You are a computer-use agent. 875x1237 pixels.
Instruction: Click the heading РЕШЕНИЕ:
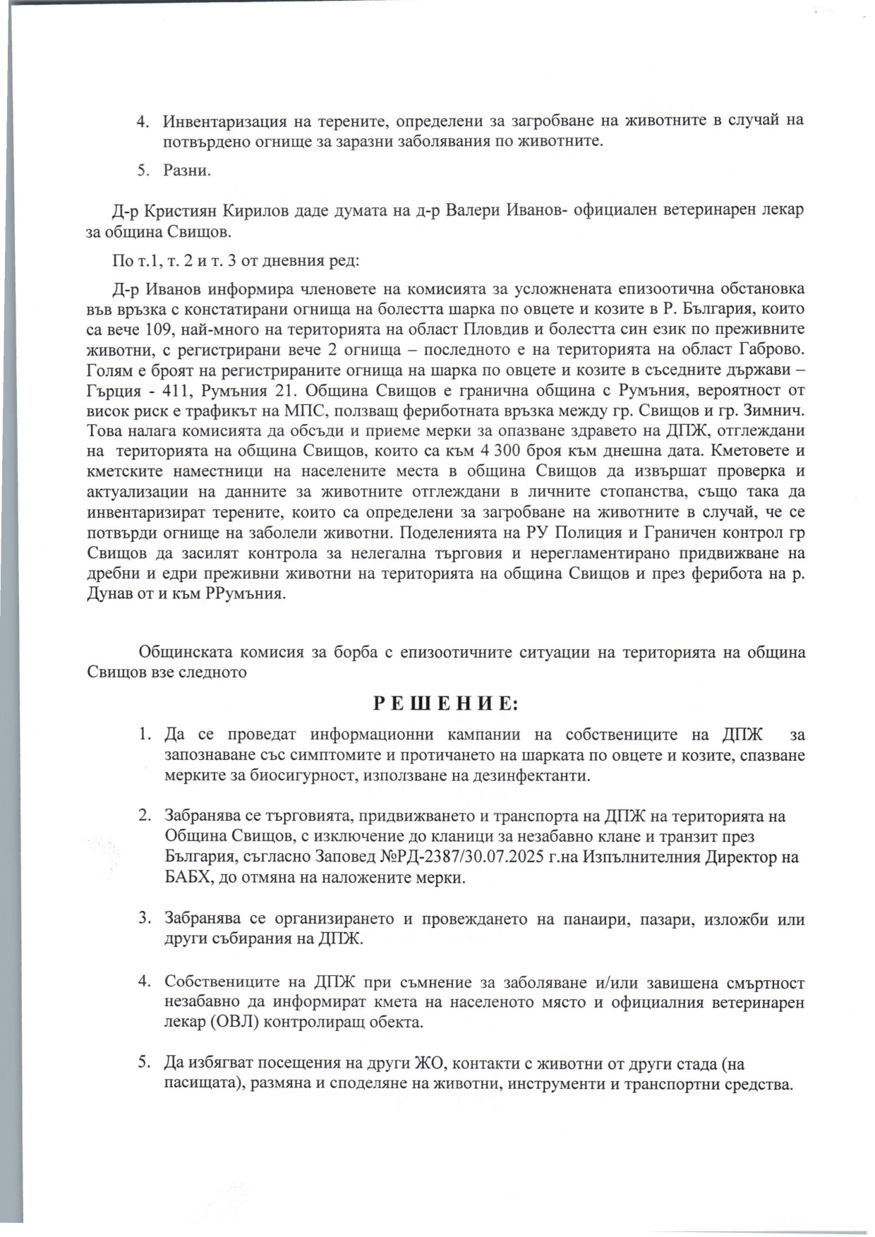[x=445, y=704]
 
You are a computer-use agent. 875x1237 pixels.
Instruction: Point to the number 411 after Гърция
[x=169, y=390]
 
